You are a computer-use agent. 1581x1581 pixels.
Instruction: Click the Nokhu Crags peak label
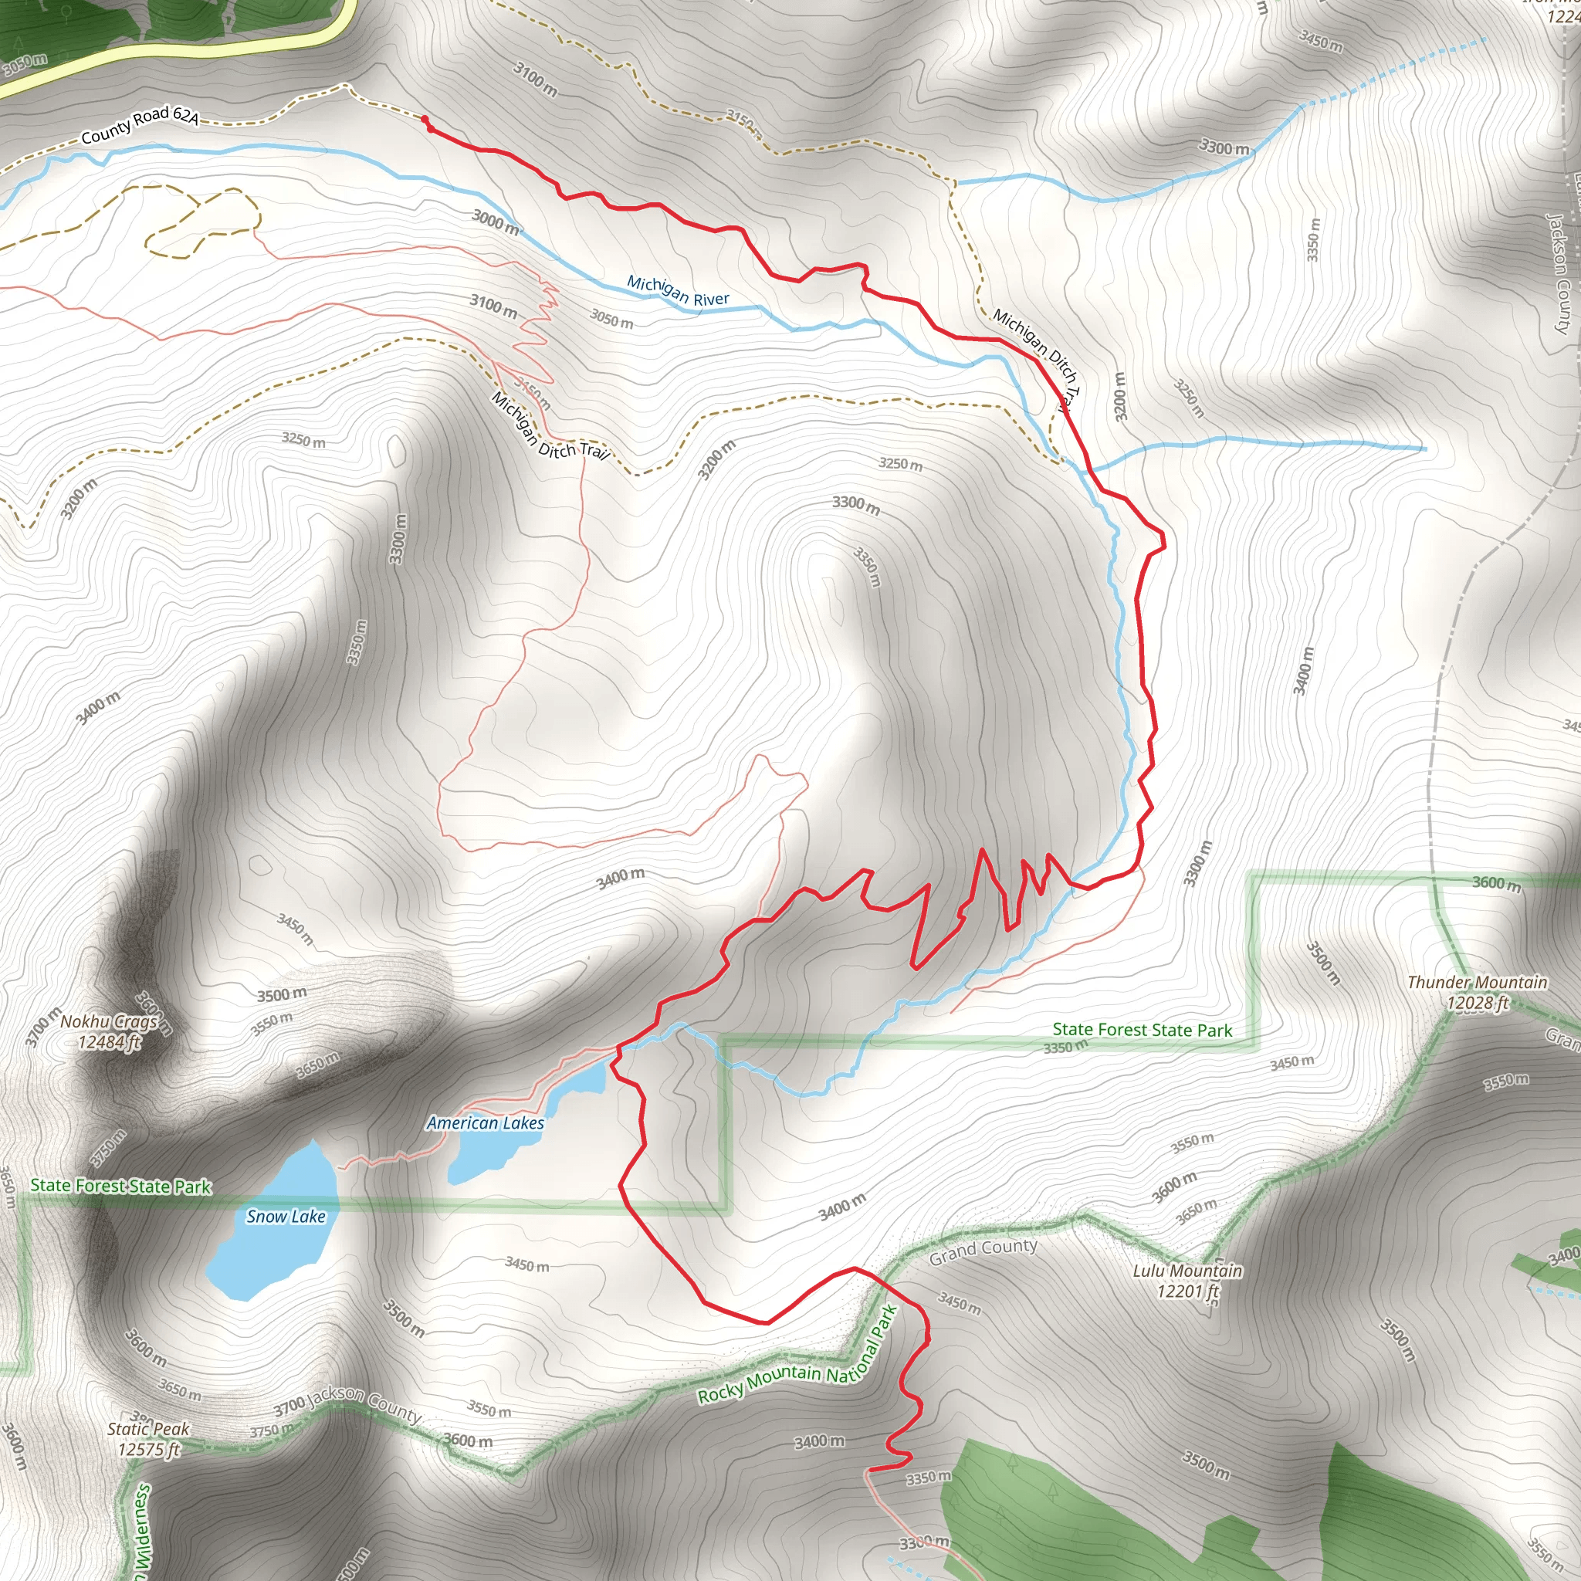[x=108, y=1021]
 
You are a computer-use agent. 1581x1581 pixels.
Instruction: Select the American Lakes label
[x=486, y=1122]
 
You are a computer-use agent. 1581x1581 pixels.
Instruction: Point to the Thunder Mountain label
[x=1477, y=982]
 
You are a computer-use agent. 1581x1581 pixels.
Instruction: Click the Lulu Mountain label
[x=1187, y=1271]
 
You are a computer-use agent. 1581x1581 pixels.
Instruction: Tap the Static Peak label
[x=148, y=1429]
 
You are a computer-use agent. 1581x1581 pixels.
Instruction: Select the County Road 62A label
[x=140, y=124]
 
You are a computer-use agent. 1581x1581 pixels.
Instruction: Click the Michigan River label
[x=678, y=291]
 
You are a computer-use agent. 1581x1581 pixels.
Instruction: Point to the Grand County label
[x=983, y=1251]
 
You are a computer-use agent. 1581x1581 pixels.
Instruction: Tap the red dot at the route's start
[x=425, y=120]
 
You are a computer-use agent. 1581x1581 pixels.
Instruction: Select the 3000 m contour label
[x=496, y=221]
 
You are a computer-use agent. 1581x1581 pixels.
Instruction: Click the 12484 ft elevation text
[x=110, y=1041]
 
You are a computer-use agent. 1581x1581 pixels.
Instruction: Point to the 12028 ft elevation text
[x=1477, y=1004]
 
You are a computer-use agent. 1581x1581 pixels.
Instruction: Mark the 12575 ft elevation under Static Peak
[x=148, y=1449]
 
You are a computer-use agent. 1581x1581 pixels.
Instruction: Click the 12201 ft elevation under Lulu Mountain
[x=1187, y=1292]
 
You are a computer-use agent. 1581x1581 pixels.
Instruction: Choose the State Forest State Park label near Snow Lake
[x=120, y=1186]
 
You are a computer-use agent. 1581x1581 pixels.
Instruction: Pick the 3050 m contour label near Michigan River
[x=612, y=318]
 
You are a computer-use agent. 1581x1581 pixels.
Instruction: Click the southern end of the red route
[x=869, y=1471]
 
